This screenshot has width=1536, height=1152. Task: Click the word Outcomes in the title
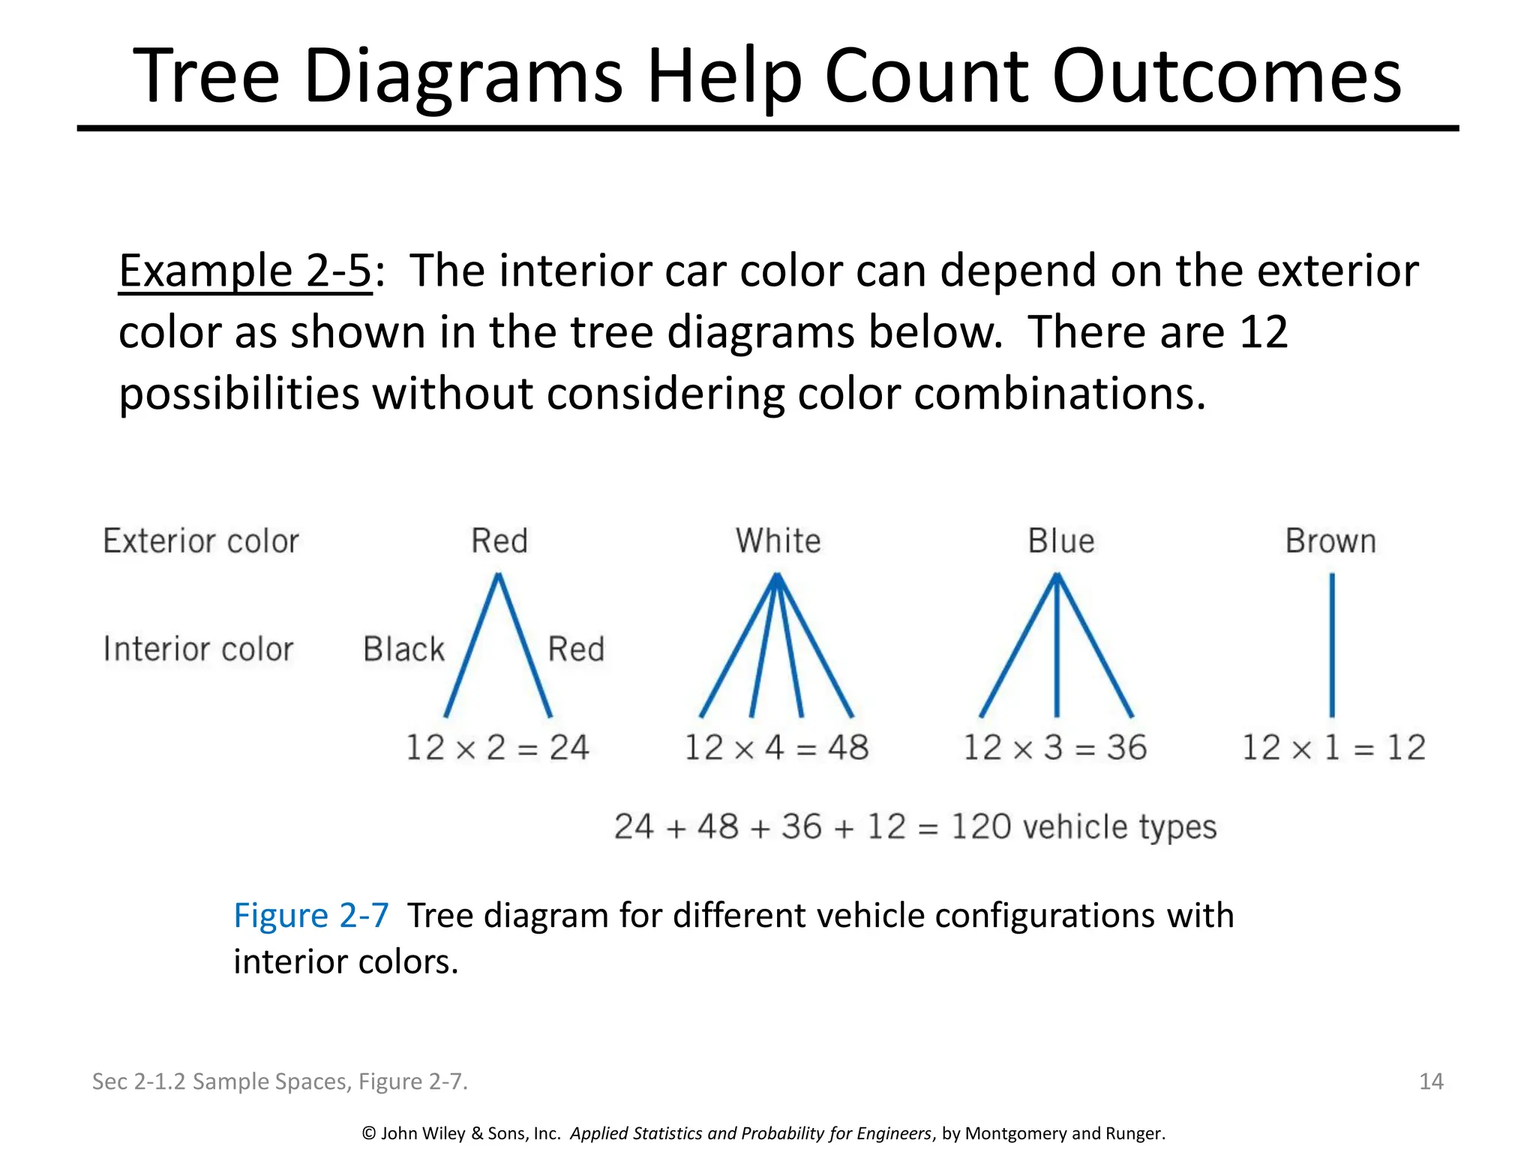click(1226, 76)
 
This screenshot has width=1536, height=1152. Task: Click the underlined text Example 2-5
click(245, 271)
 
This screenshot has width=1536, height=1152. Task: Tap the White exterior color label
click(778, 541)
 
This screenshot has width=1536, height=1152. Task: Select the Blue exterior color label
click(1060, 541)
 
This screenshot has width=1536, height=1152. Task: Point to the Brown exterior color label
click(1330, 541)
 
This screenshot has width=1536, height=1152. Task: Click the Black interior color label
click(403, 649)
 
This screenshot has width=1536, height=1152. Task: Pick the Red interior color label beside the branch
click(576, 649)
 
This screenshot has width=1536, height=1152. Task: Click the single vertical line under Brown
click(1332, 645)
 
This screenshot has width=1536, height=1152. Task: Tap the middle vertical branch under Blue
click(1057, 645)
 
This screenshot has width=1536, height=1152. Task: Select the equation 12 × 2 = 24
click(497, 748)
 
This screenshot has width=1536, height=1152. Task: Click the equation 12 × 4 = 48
click(776, 748)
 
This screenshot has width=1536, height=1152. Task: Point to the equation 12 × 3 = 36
click(1055, 748)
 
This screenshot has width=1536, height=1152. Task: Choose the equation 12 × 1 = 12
click(1333, 748)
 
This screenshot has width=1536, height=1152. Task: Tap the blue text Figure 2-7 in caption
click(310, 916)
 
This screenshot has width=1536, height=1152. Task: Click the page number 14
click(1431, 1081)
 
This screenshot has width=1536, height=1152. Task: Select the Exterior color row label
click(201, 541)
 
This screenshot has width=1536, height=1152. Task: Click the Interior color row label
click(198, 649)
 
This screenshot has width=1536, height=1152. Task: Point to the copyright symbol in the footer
click(368, 1133)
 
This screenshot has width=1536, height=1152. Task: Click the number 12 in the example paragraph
click(1263, 332)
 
